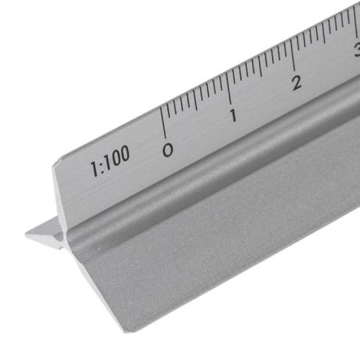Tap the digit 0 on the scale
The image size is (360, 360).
167,148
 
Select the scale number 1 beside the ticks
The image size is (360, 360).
233,115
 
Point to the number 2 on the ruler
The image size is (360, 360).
297,82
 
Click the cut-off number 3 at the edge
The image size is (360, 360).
356,51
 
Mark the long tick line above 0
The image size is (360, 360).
162,122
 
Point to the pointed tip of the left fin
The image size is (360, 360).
26,235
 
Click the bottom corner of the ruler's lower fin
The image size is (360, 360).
126,329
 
